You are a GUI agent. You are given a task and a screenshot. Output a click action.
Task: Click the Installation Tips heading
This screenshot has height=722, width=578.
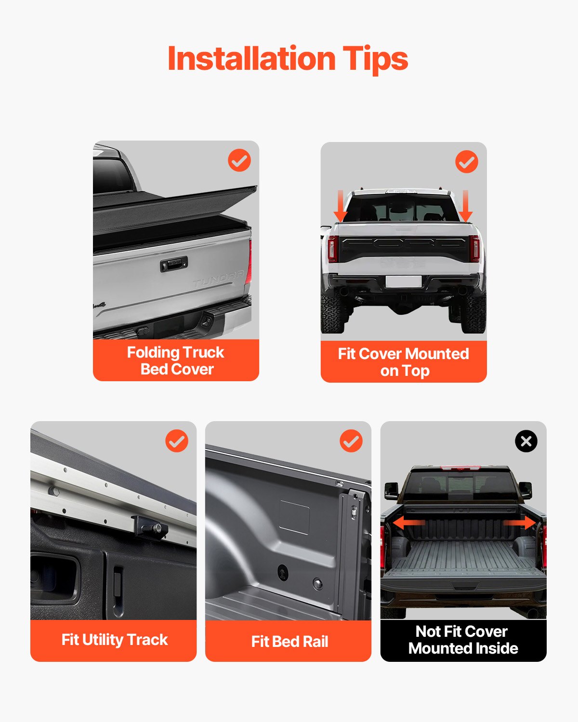click(288, 59)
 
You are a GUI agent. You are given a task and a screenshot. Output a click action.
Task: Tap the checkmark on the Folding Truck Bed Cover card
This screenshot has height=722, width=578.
click(239, 160)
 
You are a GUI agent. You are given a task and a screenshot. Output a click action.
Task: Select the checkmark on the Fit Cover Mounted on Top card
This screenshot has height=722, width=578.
click(466, 162)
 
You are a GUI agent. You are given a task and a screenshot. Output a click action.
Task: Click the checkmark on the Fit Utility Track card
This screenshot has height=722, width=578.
click(177, 441)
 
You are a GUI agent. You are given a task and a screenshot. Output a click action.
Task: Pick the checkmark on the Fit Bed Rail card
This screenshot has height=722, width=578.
click(351, 441)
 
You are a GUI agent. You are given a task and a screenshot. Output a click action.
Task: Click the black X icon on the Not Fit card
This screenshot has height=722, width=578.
click(526, 441)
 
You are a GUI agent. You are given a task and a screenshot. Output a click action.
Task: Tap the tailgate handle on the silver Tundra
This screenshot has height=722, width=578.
click(173, 264)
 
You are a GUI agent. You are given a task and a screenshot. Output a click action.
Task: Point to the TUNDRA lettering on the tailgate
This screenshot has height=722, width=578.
click(218, 278)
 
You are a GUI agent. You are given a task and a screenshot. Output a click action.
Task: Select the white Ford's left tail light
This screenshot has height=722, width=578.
click(332, 248)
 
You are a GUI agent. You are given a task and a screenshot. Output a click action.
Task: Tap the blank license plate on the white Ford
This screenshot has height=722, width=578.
click(404, 281)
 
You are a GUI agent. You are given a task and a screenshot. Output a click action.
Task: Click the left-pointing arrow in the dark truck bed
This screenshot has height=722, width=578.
click(408, 523)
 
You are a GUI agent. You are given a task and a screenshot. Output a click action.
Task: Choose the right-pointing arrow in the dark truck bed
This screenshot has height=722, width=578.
click(520, 523)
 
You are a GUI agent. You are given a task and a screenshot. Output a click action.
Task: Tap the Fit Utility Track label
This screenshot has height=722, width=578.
click(114, 640)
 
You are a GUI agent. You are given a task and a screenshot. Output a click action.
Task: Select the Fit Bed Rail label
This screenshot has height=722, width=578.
click(289, 642)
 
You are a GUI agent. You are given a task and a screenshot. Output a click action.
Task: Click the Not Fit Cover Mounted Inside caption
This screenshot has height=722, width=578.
click(463, 640)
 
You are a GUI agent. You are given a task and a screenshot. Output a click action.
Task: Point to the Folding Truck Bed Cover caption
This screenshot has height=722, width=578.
click(176, 361)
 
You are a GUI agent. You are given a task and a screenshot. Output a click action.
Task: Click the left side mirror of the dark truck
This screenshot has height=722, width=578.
click(391, 491)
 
